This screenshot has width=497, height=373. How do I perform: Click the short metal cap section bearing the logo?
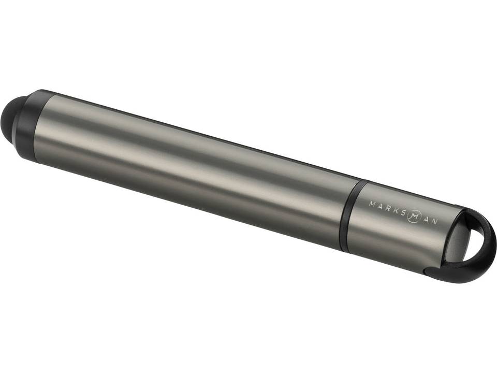pos(399,228)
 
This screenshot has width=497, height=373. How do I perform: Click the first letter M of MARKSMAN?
pos(371,203)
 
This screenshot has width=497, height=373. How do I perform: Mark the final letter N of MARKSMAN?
pos(435,221)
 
